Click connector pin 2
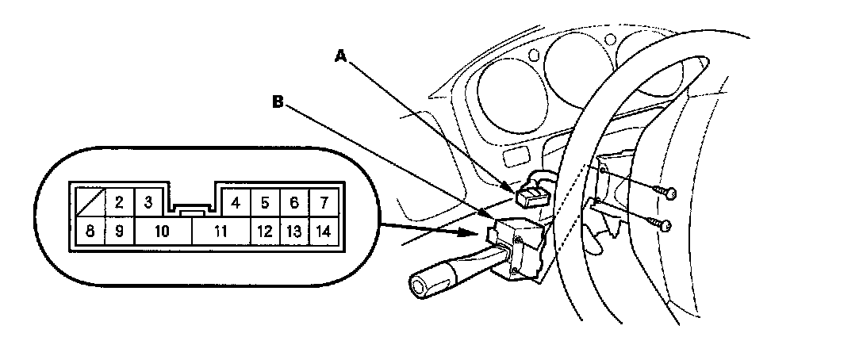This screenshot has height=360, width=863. (x=118, y=202)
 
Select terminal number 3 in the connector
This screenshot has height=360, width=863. (x=148, y=201)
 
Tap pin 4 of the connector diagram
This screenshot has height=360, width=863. (x=236, y=202)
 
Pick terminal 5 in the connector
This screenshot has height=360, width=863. (x=265, y=202)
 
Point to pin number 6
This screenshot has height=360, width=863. (x=293, y=202)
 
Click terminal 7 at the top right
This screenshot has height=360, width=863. (x=323, y=202)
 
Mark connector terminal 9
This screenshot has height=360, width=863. (x=118, y=232)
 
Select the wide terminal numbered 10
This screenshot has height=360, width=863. (x=162, y=232)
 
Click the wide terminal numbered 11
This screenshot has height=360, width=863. (x=221, y=232)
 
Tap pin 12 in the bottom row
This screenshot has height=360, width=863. (x=265, y=232)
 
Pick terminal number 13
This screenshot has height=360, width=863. (x=293, y=232)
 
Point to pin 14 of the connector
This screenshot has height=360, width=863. (x=323, y=232)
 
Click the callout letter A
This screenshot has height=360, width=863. (x=341, y=55)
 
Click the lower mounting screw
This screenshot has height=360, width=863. (x=667, y=226)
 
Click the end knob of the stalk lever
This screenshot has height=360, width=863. (x=425, y=282)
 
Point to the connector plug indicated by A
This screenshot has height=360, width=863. (x=528, y=193)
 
